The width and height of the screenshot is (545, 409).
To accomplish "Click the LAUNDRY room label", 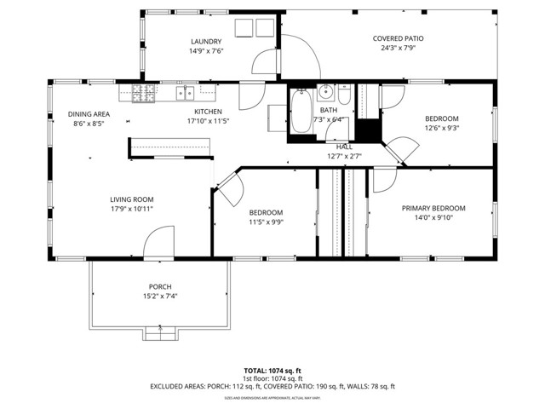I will click(206, 41).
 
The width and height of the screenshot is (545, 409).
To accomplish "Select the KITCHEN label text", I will click(208, 112).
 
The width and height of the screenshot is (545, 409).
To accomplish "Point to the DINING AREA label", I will click(89, 114).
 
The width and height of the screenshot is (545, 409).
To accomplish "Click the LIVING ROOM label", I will click(131, 199).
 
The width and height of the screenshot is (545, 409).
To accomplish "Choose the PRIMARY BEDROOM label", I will click(433, 208).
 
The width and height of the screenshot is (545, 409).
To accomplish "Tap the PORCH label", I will click(160, 286).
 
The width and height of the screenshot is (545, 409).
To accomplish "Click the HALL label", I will click(344, 147).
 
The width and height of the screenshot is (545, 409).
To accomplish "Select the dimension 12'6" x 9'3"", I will click(441, 128).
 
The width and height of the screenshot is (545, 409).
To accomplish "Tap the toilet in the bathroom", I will click(344, 90).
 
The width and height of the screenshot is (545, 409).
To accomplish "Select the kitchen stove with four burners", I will click(141, 92).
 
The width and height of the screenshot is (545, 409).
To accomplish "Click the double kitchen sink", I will click(186, 91).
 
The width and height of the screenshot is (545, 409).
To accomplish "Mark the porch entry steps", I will click(159, 331).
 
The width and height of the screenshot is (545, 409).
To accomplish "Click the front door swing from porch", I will click(158, 243).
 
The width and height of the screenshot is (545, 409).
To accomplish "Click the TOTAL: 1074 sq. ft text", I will click(272, 371).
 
